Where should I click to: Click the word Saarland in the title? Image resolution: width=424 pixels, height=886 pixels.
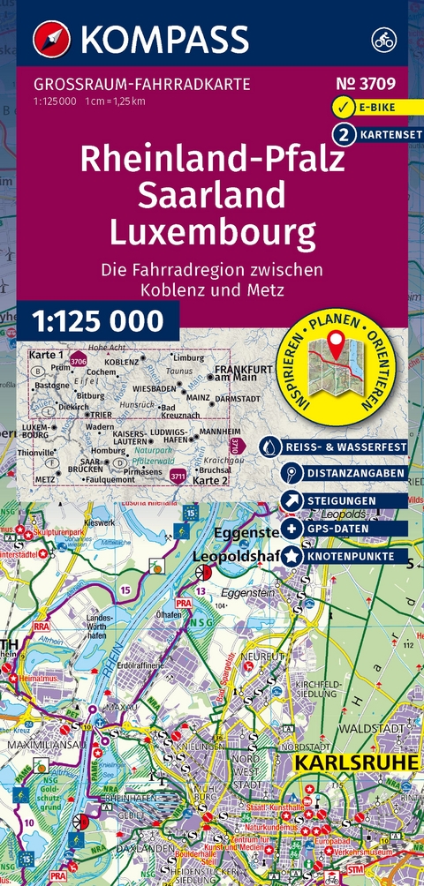[x=212, y=194]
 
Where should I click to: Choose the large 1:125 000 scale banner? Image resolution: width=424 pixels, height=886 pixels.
[x=98, y=320]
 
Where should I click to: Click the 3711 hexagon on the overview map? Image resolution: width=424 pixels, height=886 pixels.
[x=178, y=477]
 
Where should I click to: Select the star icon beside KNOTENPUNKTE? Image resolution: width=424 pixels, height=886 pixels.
[x=267, y=557]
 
